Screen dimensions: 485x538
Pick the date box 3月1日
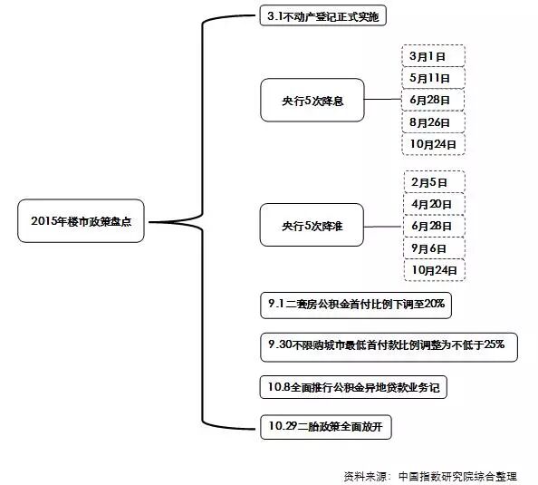(x=433, y=55)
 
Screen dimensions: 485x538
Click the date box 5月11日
(x=433, y=78)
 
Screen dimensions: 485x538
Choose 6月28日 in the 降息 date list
(x=433, y=100)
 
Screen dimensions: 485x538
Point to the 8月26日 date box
(x=433, y=121)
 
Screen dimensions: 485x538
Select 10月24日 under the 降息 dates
(x=433, y=144)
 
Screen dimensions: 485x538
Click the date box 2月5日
(x=433, y=181)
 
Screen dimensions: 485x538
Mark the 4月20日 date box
(x=433, y=203)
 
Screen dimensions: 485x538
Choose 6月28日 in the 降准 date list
(x=433, y=226)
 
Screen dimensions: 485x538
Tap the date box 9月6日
(x=433, y=247)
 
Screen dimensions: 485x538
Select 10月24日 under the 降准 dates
(x=433, y=269)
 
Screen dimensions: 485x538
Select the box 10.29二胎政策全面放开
(x=327, y=427)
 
